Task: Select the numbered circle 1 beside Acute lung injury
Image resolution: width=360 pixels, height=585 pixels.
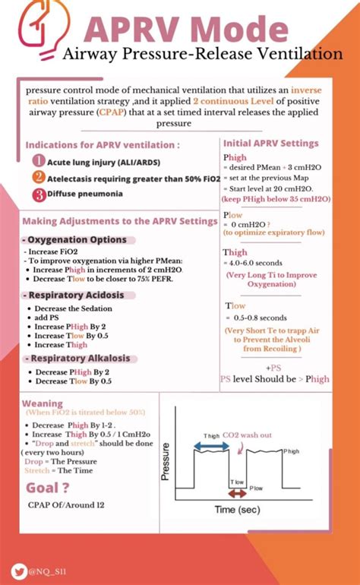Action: [38, 161]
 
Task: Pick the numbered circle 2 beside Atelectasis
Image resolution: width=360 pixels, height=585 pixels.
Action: [38, 177]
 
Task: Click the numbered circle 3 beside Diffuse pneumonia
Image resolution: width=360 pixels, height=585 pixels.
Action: [38, 193]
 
